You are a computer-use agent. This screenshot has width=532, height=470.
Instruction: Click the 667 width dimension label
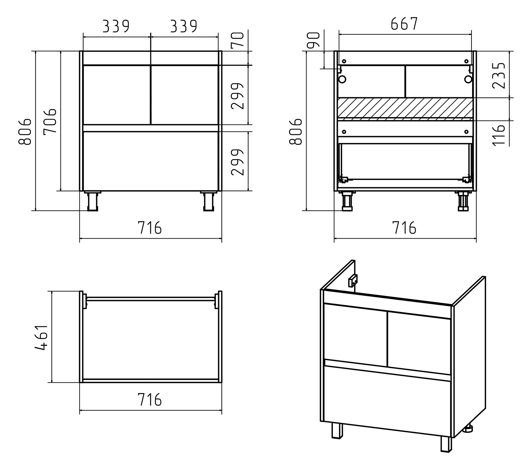pos(404,24)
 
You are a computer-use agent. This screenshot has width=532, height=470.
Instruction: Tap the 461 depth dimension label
pos(42,337)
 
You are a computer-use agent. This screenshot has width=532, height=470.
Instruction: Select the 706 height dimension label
pos(50,121)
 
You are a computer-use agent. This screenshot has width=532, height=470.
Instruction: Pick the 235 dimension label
pos(498,75)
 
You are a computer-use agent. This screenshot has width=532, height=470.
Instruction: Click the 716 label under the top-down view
pos(150,400)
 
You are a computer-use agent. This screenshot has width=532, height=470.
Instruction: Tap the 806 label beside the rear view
pos(296,131)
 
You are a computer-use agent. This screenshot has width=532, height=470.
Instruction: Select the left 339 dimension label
pos(116,26)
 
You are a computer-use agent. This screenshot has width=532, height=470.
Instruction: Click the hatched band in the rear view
pos(405,108)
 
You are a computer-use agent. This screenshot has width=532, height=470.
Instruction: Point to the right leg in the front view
pos(208,201)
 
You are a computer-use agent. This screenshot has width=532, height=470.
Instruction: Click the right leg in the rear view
pos(463,201)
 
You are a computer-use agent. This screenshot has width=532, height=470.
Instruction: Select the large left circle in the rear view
pos(342,79)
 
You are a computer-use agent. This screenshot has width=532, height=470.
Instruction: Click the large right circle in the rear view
pos(468,79)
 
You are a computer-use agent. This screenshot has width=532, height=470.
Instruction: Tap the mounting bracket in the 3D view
pos(352,281)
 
